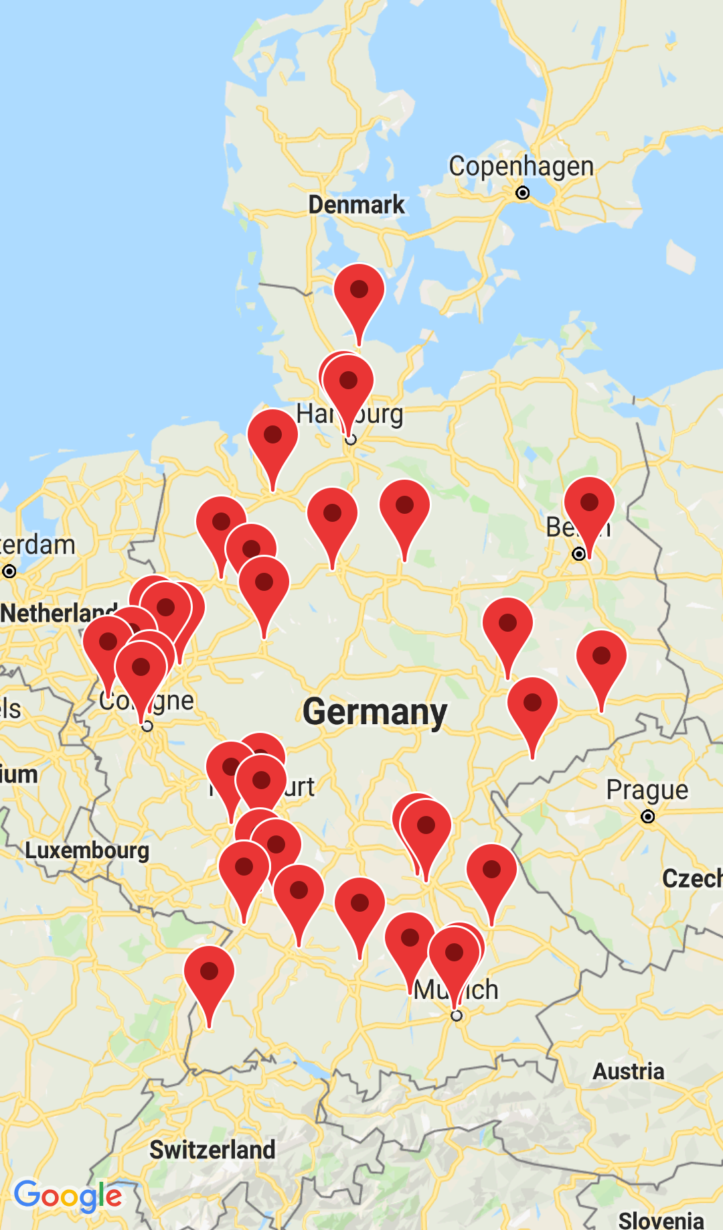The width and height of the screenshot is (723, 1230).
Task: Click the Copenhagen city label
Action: tap(521, 166)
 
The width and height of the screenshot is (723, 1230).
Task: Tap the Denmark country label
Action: tap(356, 204)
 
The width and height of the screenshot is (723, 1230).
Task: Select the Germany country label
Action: tap(375, 711)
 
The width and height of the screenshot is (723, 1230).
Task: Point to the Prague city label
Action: tap(647, 790)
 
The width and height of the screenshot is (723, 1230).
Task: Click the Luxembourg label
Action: tap(87, 850)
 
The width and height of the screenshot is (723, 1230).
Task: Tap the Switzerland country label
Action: tap(212, 1150)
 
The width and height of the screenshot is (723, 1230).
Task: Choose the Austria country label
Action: tap(628, 1071)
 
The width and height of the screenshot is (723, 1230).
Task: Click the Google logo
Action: tap(68, 1197)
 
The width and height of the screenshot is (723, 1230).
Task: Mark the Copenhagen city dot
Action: tap(522, 193)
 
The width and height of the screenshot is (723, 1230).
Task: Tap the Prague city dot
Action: tap(647, 817)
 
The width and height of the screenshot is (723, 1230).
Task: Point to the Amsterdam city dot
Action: tap(9, 571)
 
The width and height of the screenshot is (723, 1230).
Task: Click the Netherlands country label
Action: tap(57, 613)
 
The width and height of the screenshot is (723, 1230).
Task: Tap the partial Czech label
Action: tap(692, 878)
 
